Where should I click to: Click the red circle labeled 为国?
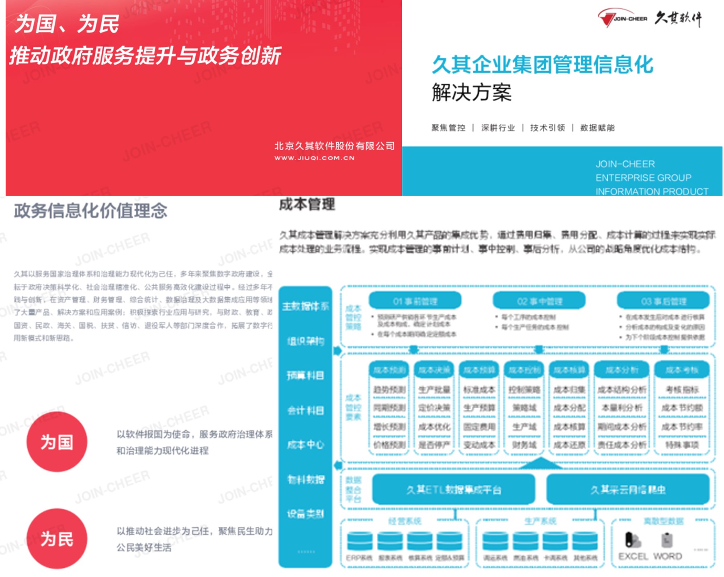[x=57, y=442]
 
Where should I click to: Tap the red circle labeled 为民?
[x=57, y=538]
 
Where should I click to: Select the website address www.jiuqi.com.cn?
[x=314, y=158]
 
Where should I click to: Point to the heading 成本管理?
[x=307, y=205]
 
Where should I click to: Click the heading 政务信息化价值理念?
[x=90, y=211]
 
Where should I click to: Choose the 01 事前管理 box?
[x=415, y=301]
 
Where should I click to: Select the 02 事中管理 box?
[x=539, y=301]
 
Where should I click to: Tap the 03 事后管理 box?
[x=663, y=301]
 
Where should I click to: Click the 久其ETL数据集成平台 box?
[x=454, y=489]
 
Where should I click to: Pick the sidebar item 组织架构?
[x=305, y=341]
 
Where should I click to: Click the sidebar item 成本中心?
[x=305, y=444]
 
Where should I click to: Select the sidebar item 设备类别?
[x=305, y=514]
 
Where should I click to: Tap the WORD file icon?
[x=667, y=540]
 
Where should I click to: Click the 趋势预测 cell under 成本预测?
[x=389, y=389]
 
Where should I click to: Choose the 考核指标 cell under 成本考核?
[x=682, y=389]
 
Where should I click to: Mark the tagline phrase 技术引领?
[x=547, y=128]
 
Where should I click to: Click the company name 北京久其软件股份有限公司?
[x=334, y=146]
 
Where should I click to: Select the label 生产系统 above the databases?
[x=540, y=521]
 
